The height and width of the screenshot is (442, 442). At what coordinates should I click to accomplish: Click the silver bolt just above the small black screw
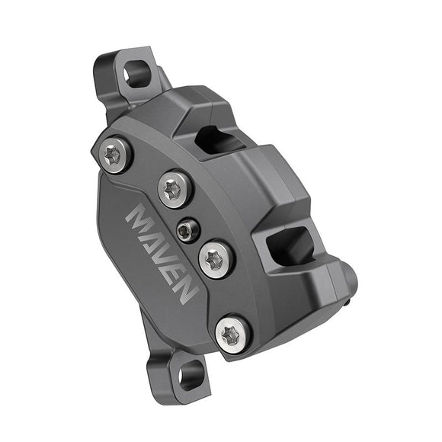[x=174, y=188]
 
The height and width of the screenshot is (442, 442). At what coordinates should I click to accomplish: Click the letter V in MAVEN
[x=168, y=258]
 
